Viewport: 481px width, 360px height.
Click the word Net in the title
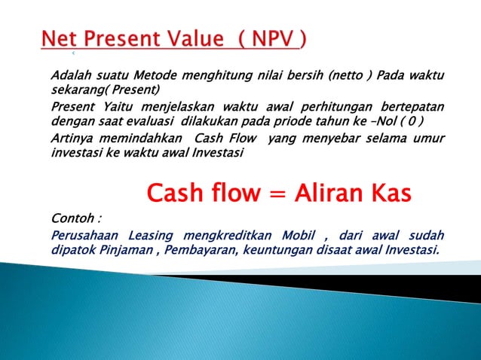[x=60, y=38]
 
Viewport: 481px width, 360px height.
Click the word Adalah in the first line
[x=69, y=77]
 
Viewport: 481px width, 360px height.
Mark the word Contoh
[x=72, y=219]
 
